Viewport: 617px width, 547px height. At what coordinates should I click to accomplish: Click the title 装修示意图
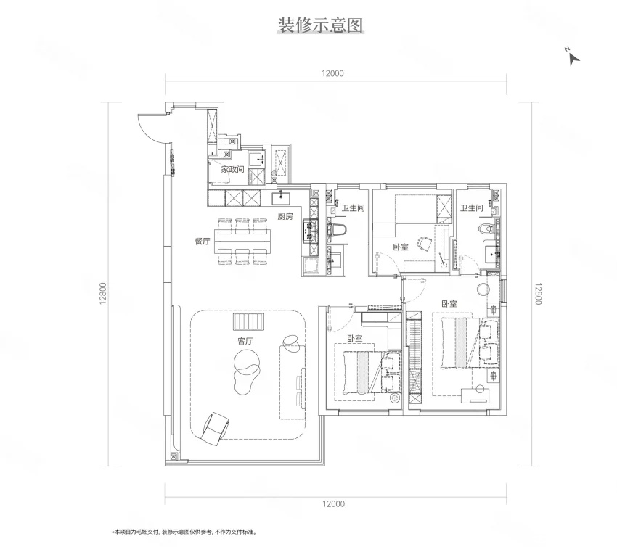pos(320,25)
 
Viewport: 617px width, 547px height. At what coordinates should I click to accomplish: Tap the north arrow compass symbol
pos(573,57)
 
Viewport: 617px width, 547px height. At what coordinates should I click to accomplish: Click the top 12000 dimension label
pos(332,73)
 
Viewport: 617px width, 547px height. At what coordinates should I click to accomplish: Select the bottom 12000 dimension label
pos(333,503)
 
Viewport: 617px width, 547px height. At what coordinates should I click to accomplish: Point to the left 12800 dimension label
pos(103,293)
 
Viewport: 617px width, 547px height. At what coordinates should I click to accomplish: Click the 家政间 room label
pos(232,169)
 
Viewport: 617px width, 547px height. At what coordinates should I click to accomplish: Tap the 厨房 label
pos(285,216)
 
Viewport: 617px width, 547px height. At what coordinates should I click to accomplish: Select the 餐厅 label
pos(203,241)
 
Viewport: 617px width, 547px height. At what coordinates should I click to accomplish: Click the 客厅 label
pos(245,341)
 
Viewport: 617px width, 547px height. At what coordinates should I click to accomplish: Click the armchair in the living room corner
pos(214,429)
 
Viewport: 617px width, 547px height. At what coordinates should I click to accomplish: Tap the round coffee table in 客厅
pos(247,361)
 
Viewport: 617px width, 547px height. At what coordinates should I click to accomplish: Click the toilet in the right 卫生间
pos(489,229)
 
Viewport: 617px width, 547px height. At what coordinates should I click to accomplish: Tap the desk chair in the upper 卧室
pos(424,244)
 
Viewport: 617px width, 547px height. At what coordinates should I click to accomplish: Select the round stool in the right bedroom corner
pos(483,289)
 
